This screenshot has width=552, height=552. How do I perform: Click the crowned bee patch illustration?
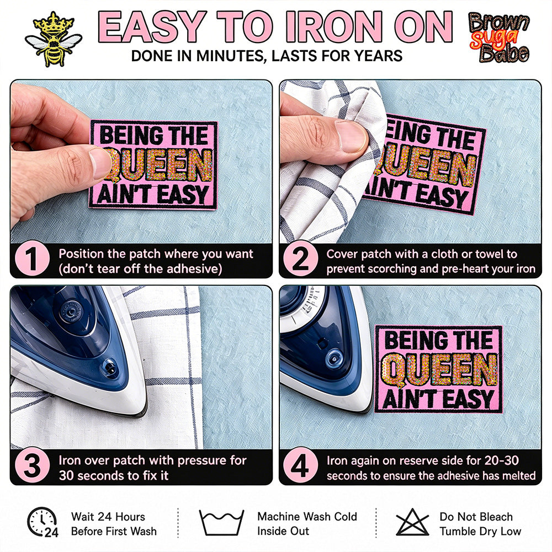tap(54, 39)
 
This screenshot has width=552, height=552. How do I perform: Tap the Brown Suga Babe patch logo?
tap(499, 38)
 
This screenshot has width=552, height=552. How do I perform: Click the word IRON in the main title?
tap(335, 26)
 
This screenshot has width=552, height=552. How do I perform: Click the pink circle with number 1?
tap(32, 259)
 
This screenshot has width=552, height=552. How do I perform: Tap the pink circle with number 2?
tap(300, 259)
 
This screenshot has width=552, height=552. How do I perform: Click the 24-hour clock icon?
tap(43, 522)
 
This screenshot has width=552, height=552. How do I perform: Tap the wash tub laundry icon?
tap(221, 522)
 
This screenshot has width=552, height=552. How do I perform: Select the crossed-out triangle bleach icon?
tap(412, 522)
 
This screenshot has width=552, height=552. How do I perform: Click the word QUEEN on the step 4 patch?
tap(439, 370)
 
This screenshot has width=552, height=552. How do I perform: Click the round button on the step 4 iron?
tap(333, 359)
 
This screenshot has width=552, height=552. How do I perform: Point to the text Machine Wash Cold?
tap(307, 517)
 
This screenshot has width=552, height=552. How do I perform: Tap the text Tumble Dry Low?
tap(480, 531)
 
